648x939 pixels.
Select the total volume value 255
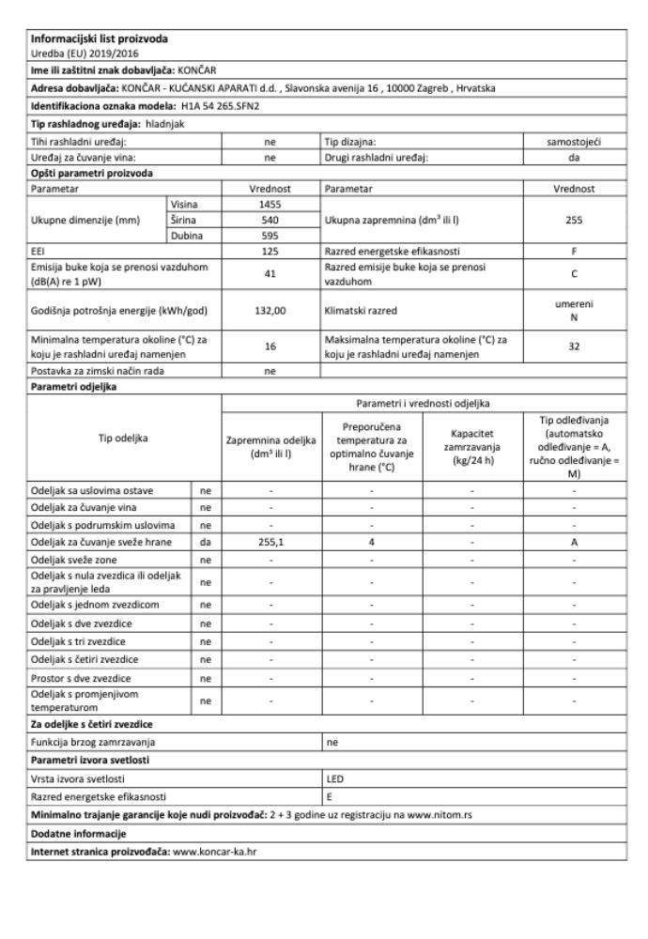pos(572,220)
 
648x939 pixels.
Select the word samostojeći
pos(572,138)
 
